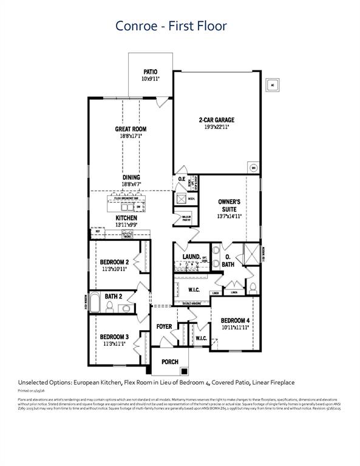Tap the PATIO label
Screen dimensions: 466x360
[150, 72]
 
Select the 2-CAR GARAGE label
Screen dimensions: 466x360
[216, 120]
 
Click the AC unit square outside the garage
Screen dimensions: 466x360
[274, 84]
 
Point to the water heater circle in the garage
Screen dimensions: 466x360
[253, 168]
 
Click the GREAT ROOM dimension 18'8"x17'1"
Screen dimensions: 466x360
[131, 137]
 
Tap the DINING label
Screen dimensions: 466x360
[131, 177]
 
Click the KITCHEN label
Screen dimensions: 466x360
[126, 217]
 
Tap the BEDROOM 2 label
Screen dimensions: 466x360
[114, 262]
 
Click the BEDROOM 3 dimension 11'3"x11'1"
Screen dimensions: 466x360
[114, 344]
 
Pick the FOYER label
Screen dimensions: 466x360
[164, 326]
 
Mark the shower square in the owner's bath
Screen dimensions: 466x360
[250, 252]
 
